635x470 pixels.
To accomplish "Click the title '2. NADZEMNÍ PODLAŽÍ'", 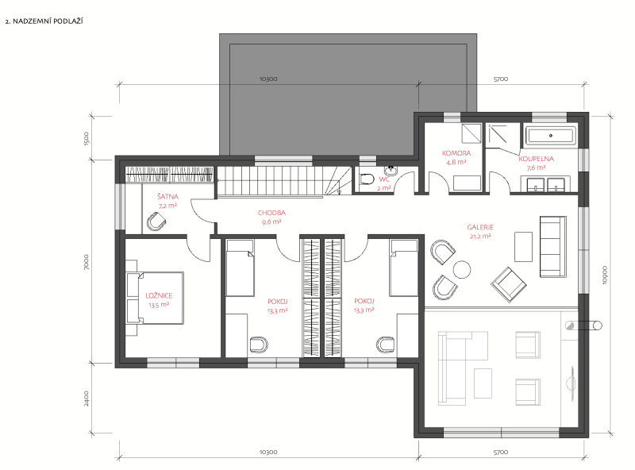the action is click(x=44, y=21).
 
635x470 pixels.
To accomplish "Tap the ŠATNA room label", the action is click(x=167, y=197).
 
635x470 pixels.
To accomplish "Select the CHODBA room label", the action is click(x=271, y=213).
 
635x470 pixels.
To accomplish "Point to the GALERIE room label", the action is click(x=480, y=227).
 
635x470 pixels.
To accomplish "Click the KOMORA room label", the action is click(x=456, y=153).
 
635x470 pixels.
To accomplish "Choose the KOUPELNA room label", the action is click(x=537, y=159).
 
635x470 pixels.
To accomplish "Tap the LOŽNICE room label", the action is click(x=160, y=296).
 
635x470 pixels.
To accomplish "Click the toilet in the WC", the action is click(x=366, y=179).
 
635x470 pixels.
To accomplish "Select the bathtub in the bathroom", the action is click(x=551, y=135).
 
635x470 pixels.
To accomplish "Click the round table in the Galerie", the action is click(x=462, y=269).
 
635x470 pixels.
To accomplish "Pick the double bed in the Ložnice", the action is click(x=155, y=298).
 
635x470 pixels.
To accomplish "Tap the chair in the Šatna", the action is click(x=156, y=222).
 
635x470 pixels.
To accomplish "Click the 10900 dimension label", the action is click(x=605, y=275).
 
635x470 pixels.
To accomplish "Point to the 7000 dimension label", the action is click(x=86, y=262).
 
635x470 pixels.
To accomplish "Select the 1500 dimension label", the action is click(x=86, y=139).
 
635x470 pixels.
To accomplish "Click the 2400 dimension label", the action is click(x=86, y=399).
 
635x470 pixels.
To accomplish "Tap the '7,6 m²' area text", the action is click(x=537, y=168).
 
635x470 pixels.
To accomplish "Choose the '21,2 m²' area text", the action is click(x=480, y=236).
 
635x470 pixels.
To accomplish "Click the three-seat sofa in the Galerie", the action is click(x=552, y=247).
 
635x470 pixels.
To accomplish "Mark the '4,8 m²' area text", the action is click(x=456, y=162).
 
